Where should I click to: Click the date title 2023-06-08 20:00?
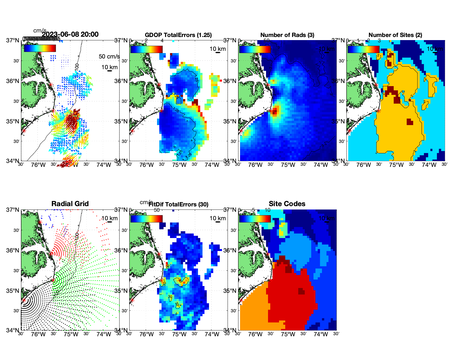pyautogui.click(x=70, y=34)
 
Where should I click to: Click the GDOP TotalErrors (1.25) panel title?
pyautogui.click(x=178, y=35)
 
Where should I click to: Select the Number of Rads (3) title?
pyautogui.click(x=287, y=35)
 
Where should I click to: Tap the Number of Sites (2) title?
pyautogui.click(x=395, y=35)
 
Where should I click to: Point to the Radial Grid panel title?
pyautogui.click(x=70, y=204)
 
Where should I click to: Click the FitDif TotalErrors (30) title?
pyautogui.click(x=178, y=204)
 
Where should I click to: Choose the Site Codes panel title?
pyautogui.click(x=287, y=204)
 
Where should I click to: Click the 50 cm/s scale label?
pyautogui.click(x=109, y=56)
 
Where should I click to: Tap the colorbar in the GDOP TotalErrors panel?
pyautogui.click(x=146, y=49)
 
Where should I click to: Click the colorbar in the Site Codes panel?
pyautogui.click(x=255, y=219)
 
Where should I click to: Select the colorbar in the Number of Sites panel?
pyautogui.click(x=363, y=49)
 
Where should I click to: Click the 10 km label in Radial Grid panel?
pyautogui.click(x=109, y=218)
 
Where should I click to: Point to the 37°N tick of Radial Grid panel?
pyautogui.click(x=13, y=210)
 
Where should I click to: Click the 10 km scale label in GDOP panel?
pyautogui.click(x=217, y=49)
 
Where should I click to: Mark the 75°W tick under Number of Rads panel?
pyautogui.click(x=288, y=165)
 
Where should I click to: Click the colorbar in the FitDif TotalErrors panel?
pyautogui.click(x=146, y=219)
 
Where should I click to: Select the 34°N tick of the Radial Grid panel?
pyautogui.click(x=13, y=330)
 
